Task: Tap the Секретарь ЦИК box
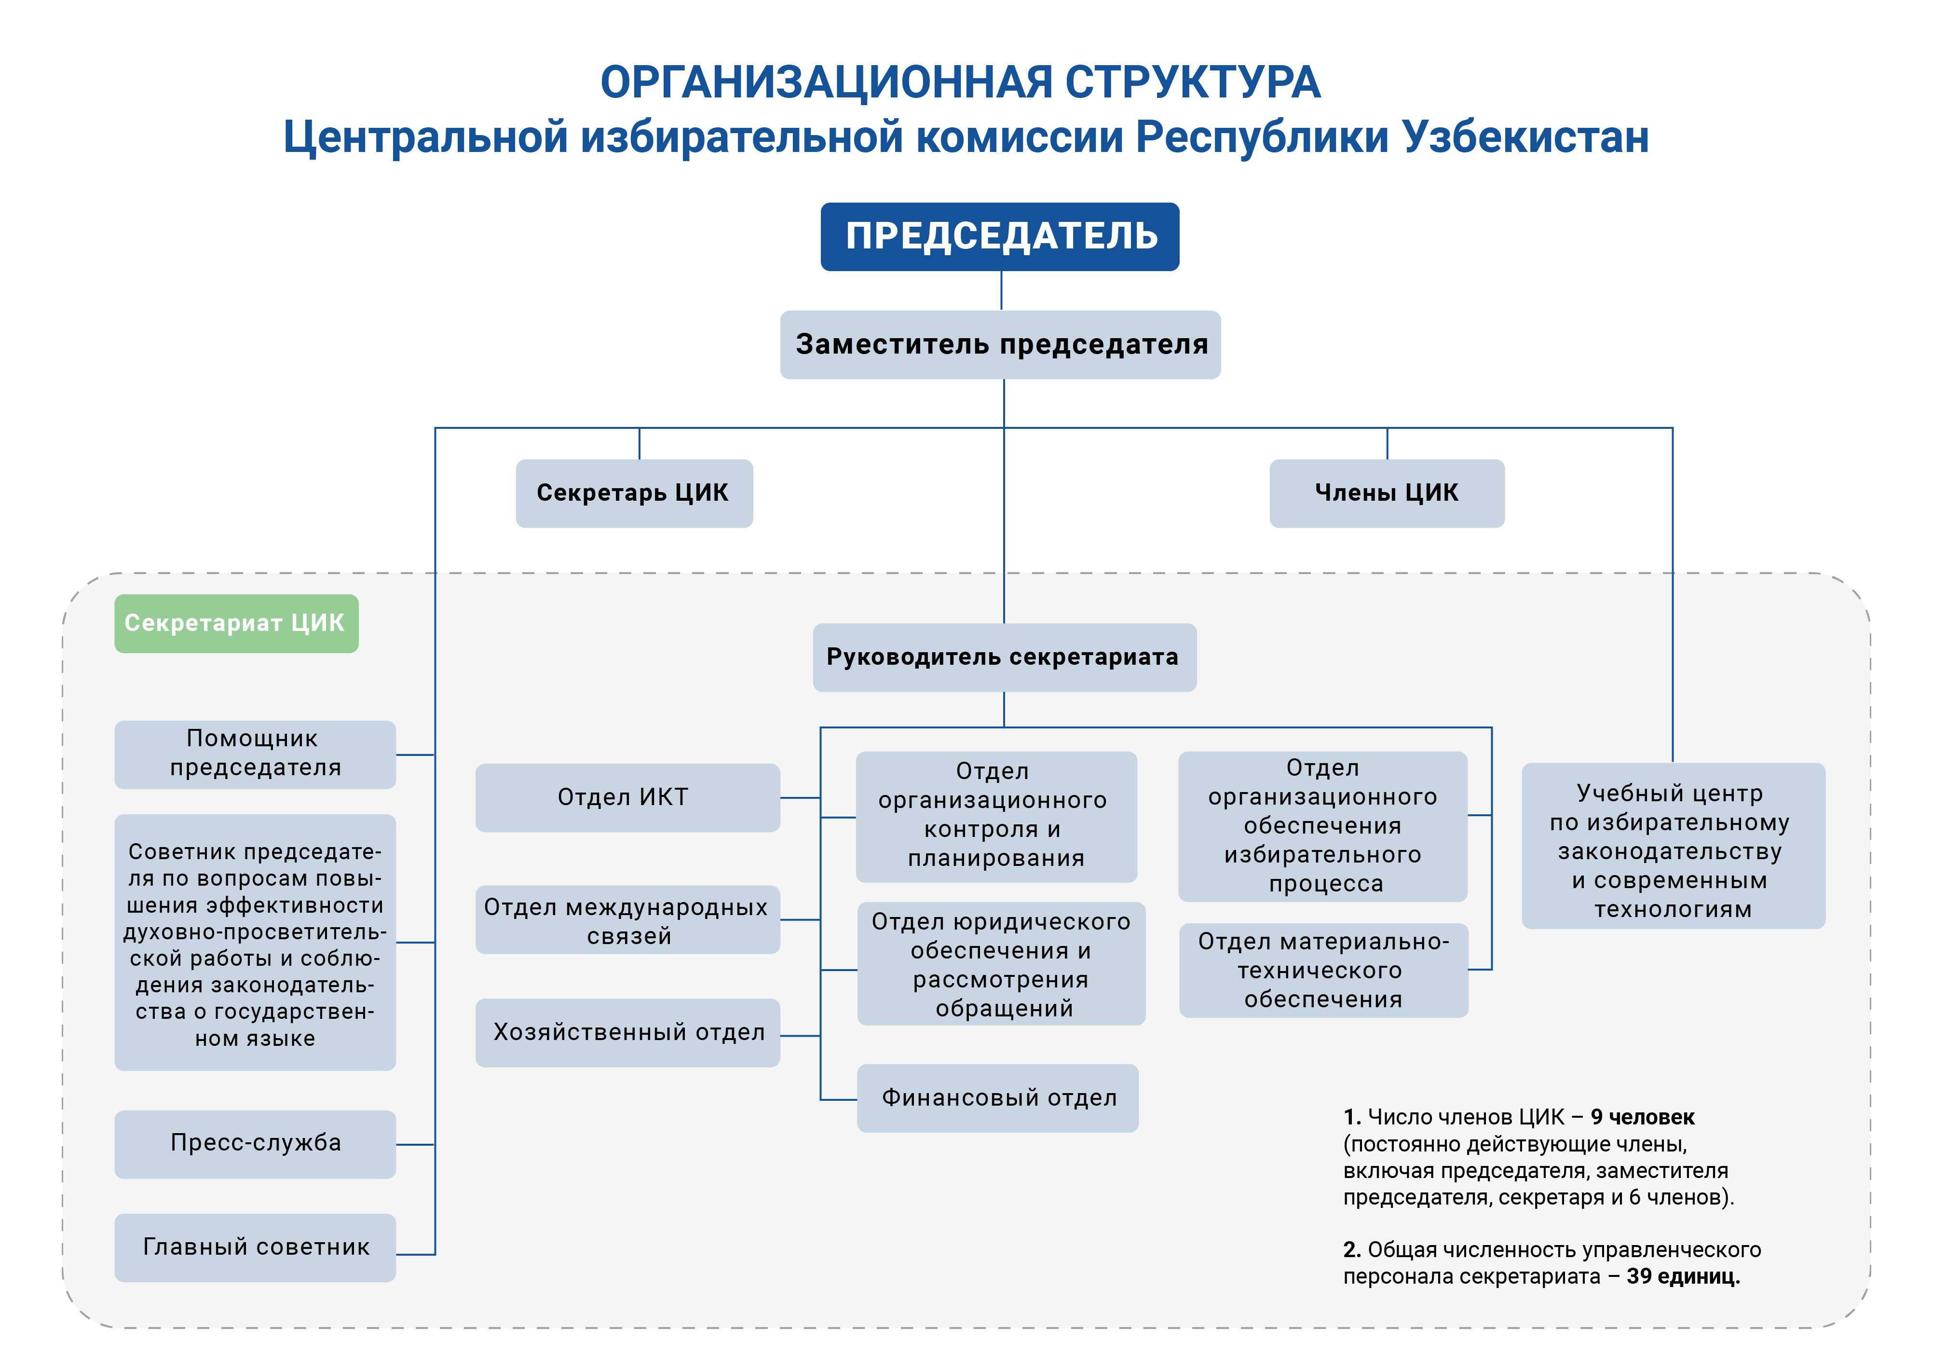[x=634, y=493]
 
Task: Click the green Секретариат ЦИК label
[x=236, y=623]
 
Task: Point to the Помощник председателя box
[x=255, y=754]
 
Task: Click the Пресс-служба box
[x=255, y=1144]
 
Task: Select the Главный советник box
[x=255, y=1247]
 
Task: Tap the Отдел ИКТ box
[x=627, y=797]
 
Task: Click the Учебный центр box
[x=1673, y=846]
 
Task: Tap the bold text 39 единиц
[x=1683, y=1276]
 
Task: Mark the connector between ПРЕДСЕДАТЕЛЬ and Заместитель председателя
[x=1001, y=291]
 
